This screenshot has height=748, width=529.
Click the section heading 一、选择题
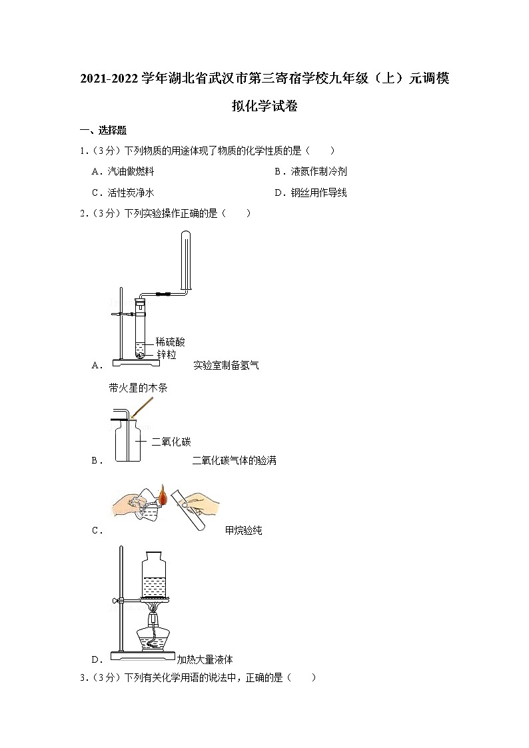(x=103, y=131)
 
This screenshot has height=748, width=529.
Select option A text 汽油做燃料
(x=131, y=171)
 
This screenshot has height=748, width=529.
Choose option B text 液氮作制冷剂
(x=318, y=171)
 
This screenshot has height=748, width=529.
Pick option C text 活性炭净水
(x=131, y=192)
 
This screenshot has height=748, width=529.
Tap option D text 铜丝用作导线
(x=318, y=192)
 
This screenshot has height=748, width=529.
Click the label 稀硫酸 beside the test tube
(x=171, y=342)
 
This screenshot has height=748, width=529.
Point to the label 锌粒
(x=167, y=354)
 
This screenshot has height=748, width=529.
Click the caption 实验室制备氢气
(x=226, y=366)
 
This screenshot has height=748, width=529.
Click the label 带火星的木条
(x=139, y=388)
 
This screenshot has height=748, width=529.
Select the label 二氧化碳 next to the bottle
(x=171, y=442)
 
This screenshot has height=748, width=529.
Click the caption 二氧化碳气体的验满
(x=235, y=460)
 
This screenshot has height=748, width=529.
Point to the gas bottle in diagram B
(x=129, y=440)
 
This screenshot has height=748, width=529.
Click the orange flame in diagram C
(x=163, y=496)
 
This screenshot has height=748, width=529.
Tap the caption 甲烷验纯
(x=243, y=530)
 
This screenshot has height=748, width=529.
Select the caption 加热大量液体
(x=205, y=660)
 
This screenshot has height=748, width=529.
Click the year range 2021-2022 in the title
(x=109, y=79)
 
